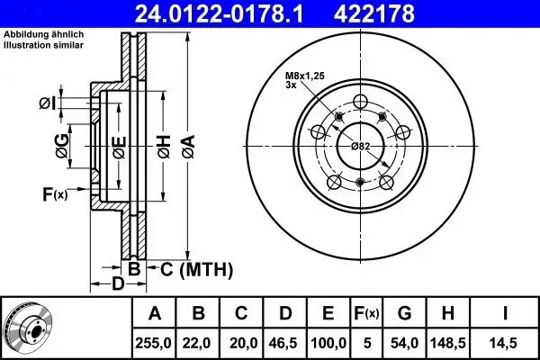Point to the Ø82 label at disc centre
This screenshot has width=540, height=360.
(x=360, y=146)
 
